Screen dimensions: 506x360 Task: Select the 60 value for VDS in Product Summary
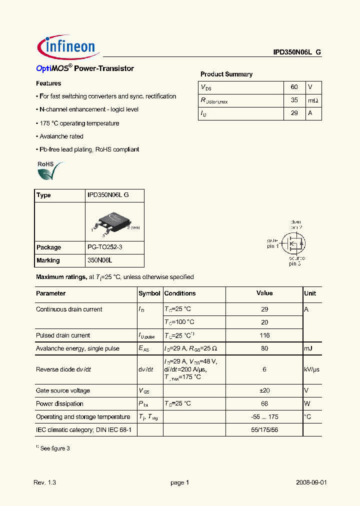click(294, 87)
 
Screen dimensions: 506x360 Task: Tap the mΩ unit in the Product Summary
click(313, 100)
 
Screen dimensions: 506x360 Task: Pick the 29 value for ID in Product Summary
click(294, 113)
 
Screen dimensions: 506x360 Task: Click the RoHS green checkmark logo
click(50, 170)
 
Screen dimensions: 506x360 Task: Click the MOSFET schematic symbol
click(293, 244)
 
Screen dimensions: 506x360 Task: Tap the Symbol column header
click(149, 293)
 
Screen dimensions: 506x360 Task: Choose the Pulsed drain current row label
click(63, 335)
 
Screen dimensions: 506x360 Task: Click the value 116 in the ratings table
click(264, 335)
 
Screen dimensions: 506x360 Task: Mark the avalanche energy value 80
click(264, 348)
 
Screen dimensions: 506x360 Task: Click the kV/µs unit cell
click(311, 369)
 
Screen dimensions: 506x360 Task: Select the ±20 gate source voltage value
click(264, 390)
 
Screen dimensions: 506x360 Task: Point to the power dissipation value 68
click(264, 403)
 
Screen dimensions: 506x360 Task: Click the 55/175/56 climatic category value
click(264, 429)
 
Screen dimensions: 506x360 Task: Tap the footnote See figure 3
click(54, 448)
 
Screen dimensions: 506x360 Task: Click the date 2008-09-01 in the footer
click(311, 482)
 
